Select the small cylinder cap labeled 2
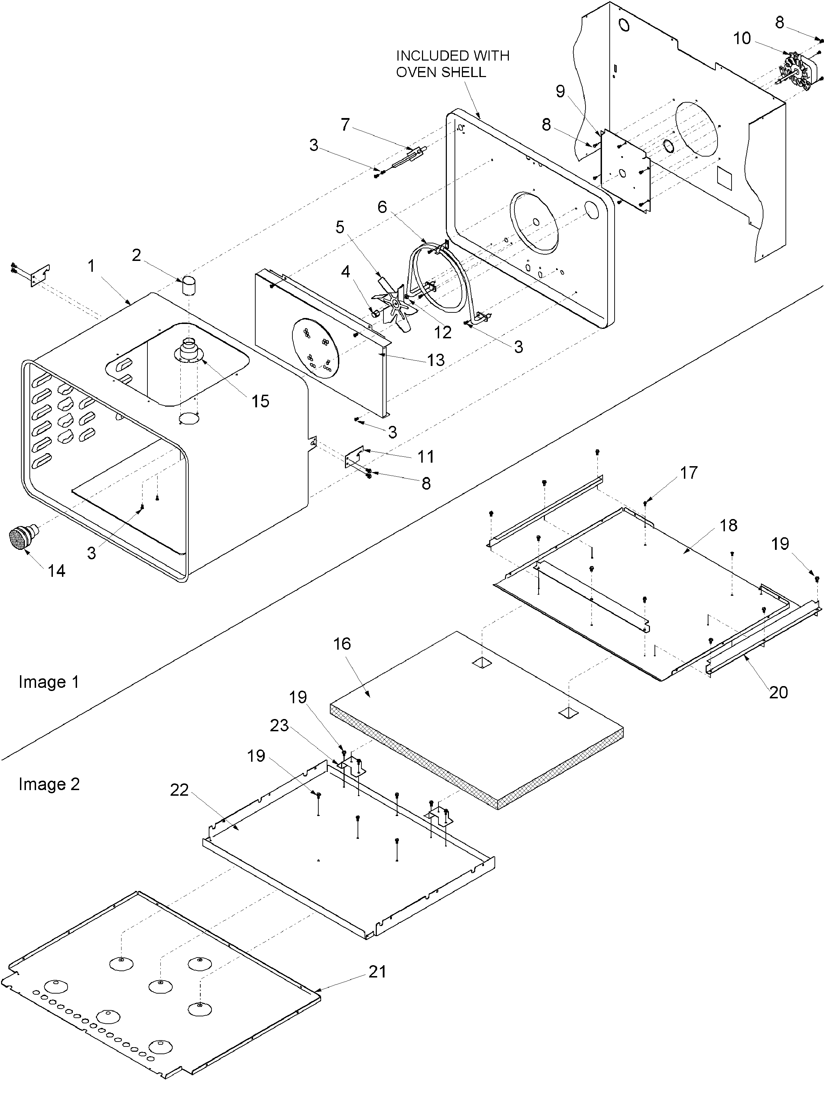point(188,286)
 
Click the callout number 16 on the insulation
point(342,644)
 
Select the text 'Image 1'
point(49,682)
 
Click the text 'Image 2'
point(49,784)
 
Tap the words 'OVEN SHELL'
point(441,72)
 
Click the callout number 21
point(377,971)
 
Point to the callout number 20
point(778,692)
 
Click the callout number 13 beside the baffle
point(436,360)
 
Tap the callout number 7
point(345,124)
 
